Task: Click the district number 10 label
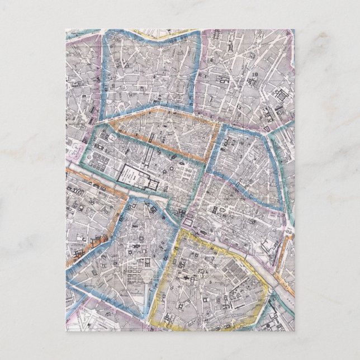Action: pyautogui.click(x=254, y=73)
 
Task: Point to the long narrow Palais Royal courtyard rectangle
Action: pyautogui.click(x=150, y=158)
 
